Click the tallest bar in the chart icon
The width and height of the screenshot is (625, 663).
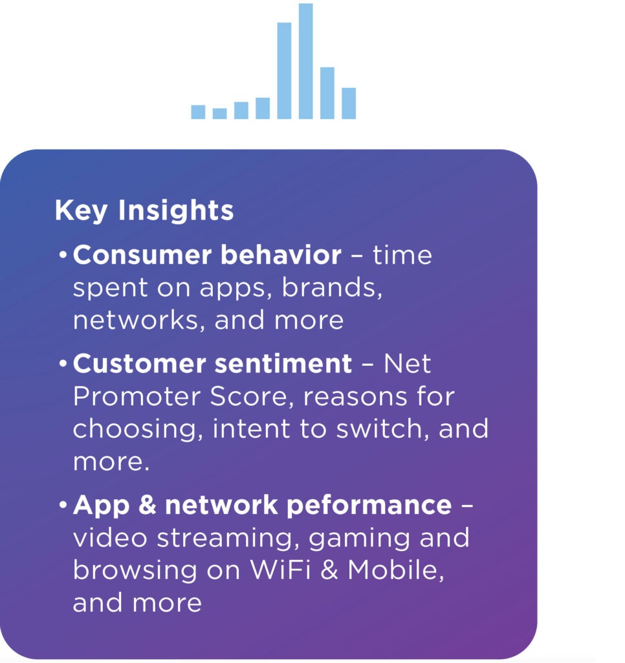click(x=305, y=62)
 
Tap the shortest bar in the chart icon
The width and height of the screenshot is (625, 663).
click(x=220, y=113)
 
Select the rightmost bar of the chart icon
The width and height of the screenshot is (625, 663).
click(x=349, y=103)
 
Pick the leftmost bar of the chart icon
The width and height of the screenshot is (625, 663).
click(x=198, y=111)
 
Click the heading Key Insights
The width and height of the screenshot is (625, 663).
click(x=144, y=210)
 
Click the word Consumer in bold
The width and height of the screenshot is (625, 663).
click(x=142, y=255)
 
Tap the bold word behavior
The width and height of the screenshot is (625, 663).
click(x=281, y=255)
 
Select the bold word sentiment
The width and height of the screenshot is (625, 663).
click(x=283, y=364)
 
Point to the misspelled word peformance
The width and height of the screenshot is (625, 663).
click(x=369, y=506)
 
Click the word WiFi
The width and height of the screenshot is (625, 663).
click(x=280, y=570)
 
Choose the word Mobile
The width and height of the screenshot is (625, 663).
click(x=396, y=570)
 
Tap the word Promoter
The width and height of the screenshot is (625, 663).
click(x=137, y=397)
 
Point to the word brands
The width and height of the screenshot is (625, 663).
click(x=332, y=288)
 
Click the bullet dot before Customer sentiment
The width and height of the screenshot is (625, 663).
click(x=63, y=364)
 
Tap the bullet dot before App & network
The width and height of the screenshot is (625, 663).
click(x=63, y=505)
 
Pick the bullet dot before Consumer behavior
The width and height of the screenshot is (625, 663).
click(x=63, y=255)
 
